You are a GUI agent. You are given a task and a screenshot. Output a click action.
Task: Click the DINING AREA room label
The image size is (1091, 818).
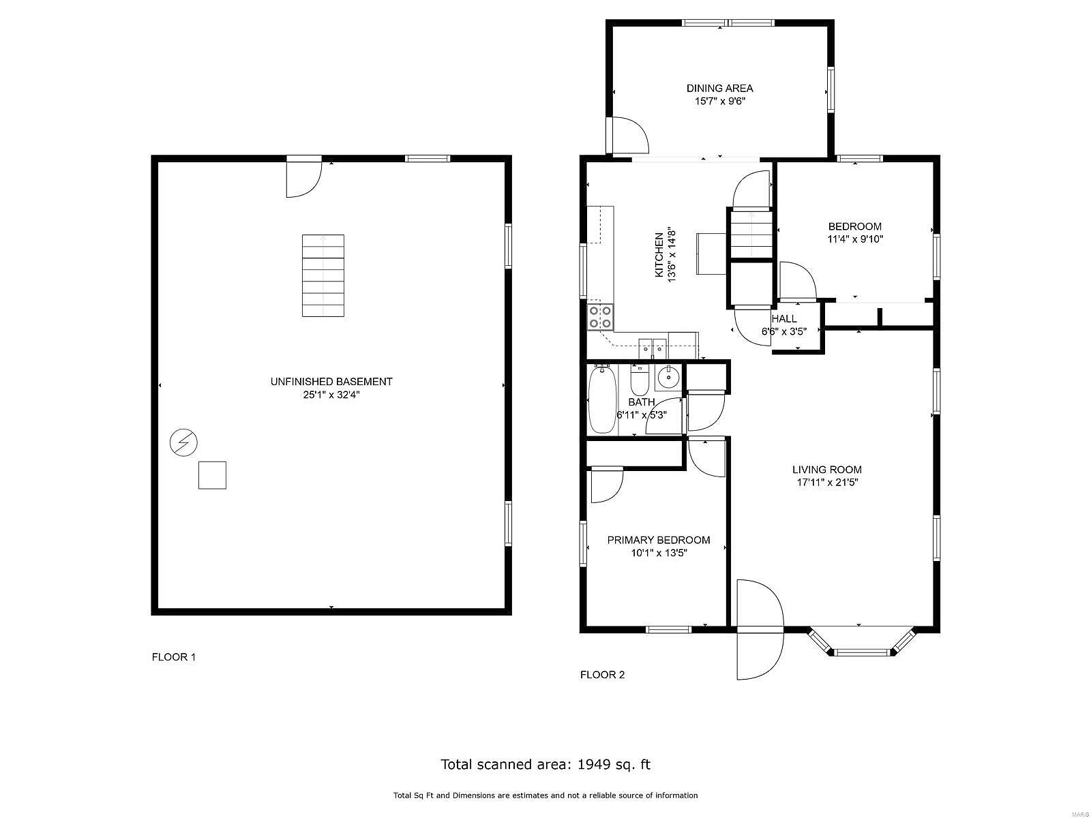tap(719, 89)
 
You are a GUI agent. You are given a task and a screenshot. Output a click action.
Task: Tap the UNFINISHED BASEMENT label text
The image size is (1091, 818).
tap(331, 382)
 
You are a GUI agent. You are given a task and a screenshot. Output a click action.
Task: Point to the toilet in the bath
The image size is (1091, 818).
tap(639, 378)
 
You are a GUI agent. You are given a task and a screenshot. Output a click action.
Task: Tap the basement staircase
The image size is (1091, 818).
tap(323, 275)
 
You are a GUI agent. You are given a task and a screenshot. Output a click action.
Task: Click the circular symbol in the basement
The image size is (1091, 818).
tap(183, 442)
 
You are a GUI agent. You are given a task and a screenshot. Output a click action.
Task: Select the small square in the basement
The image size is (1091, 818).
tap(212, 475)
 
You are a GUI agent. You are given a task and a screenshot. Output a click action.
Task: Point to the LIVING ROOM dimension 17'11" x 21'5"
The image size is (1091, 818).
tap(827, 482)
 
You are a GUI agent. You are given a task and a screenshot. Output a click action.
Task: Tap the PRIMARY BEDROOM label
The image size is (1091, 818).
tap(658, 540)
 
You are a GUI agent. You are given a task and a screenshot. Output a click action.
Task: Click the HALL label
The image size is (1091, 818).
tap(784, 319)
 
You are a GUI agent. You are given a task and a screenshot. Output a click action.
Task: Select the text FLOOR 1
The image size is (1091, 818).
tap(173, 657)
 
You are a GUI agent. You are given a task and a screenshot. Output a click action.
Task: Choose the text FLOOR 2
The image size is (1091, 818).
tap(602, 674)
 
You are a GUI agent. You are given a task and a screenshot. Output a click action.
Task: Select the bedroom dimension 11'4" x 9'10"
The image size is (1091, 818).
tap(855, 239)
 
